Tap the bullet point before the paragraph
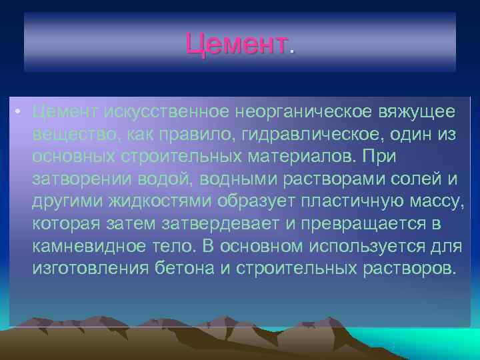click(x=22, y=111)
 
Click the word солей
click(x=413, y=179)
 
